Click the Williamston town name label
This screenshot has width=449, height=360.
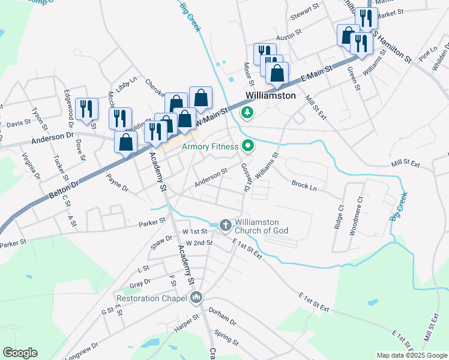point(270,96)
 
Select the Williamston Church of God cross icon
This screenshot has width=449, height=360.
point(225,225)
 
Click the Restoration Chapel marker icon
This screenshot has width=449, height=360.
point(196,298)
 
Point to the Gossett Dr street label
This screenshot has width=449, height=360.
point(246,178)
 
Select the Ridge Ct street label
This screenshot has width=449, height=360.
point(339,218)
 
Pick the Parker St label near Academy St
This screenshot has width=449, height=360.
point(151,222)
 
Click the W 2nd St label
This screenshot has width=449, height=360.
point(199,242)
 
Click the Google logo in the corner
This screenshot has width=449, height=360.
point(19,353)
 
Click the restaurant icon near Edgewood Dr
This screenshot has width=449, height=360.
point(88,109)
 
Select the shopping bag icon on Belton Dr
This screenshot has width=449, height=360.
point(125,143)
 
